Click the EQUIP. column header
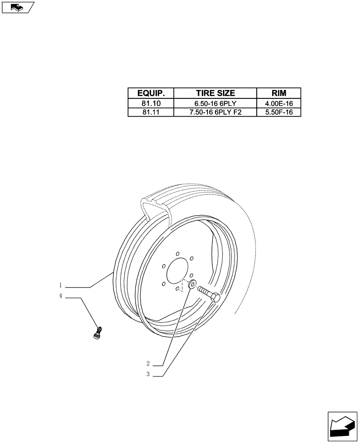pyautogui.click(x=151, y=93)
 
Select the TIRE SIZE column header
pyautogui.click(x=215, y=93)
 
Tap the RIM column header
pyautogui.click(x=278, y=93)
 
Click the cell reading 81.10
pyautogui.click(x=151, y=104)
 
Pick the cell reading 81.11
pyautogui.click(x=151, y=113)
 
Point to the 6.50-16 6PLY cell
pyautogui.click(x=215, y=104)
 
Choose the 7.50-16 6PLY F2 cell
pyautogui.click(x=215, y=113)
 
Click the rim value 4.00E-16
pyautogui.click(x=278, y=104)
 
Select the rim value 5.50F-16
pyautogui.click(x=278, y=113)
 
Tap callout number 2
pyautogui.click(x=149, y=364)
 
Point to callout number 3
pyautogui.click(x=149, y=374)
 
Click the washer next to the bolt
pyautogui.click(x=192, y=285)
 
